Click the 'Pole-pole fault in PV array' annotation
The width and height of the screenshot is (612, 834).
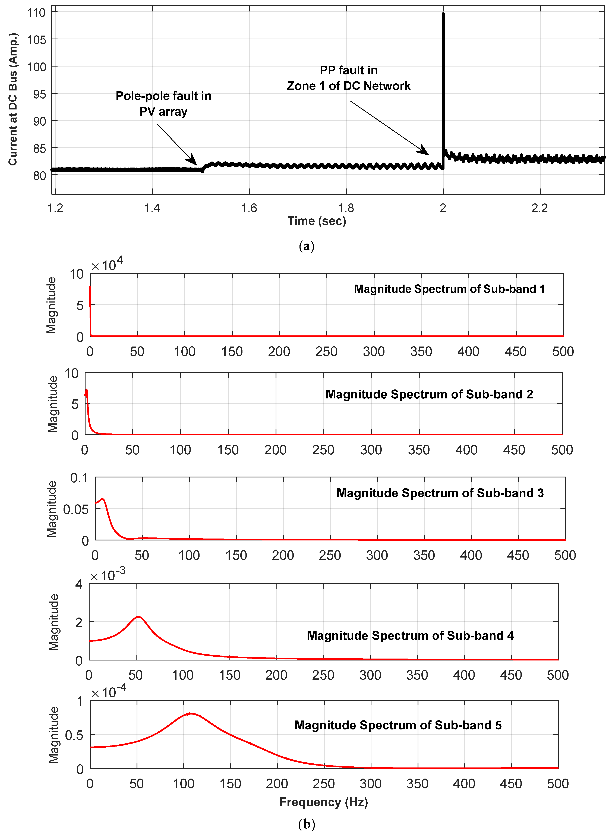(163, 104)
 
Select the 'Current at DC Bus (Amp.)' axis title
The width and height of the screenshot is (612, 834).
(13, 99)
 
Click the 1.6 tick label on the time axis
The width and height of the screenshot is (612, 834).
(249, 208)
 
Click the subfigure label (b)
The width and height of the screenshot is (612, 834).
(306, 824)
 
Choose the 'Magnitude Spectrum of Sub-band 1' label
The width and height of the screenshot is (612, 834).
(449, 289)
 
